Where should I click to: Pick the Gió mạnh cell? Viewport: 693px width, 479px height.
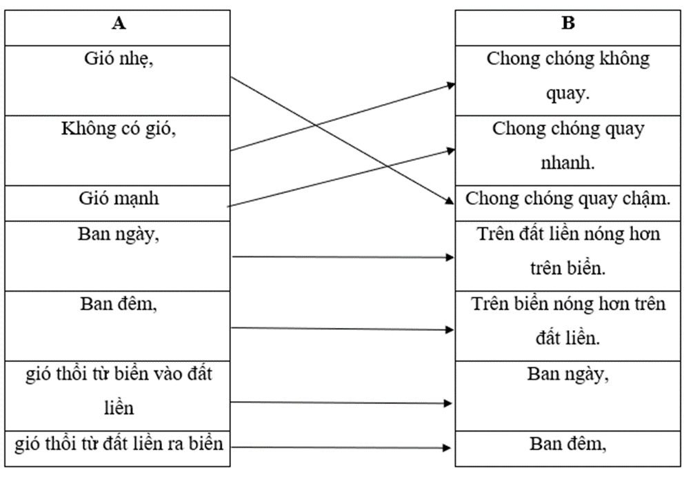(119, 199)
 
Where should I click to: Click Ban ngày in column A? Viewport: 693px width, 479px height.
(119, 234)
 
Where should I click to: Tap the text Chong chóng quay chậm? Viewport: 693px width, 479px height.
(568, 199)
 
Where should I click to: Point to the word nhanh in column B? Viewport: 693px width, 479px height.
(568, 165)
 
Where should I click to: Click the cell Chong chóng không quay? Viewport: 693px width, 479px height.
(568, 76)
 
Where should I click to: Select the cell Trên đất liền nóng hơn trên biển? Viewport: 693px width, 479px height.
(568, 251)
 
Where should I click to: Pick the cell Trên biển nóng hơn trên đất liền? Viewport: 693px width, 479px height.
(568, 320)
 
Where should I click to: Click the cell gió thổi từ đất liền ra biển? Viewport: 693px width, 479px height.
(119, 443)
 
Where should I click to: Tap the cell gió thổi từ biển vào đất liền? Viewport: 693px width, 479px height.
(119, 391)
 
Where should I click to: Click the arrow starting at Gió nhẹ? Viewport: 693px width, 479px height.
(290, 110)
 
